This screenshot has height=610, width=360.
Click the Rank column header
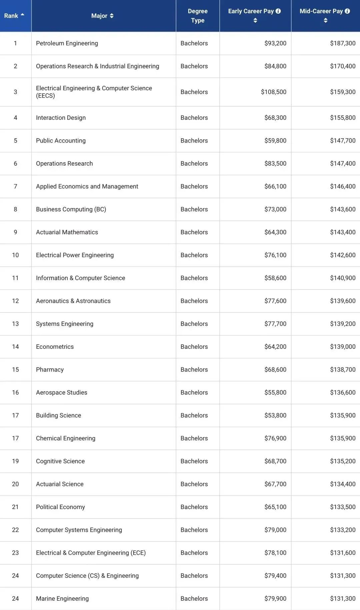[14, 16]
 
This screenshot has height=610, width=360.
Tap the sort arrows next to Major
[112, 16]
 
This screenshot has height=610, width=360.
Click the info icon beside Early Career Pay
[278, 11]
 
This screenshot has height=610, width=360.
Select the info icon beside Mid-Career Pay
[347, 11]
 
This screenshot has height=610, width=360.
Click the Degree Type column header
[198, 16]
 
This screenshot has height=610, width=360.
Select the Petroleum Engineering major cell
[67, 43]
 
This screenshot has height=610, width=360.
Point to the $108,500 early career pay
[274, 92]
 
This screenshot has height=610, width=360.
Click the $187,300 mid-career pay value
[343, 43]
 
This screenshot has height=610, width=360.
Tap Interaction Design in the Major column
[61, 118]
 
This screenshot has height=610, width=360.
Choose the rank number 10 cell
[15, 255]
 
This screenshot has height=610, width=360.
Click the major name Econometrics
[55, 347]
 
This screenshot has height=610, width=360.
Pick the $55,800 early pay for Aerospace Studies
[275, 392]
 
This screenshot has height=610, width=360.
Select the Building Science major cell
[59, 415]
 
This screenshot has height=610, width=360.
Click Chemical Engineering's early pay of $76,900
[275, 438]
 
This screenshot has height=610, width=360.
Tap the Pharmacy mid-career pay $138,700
[343, 369]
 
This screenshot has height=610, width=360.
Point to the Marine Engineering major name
[62, 599]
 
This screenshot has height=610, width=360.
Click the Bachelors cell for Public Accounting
[194, 141]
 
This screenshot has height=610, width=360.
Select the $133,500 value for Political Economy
[343, 507]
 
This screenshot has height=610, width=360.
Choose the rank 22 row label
[15, 530]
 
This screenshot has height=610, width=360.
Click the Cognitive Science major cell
[60, 461]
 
